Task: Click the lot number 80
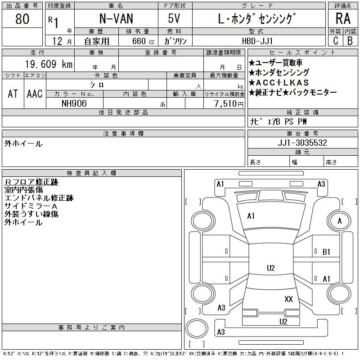coord(22,19)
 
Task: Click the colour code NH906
coord(74,103)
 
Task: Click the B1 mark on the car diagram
coord(327,252)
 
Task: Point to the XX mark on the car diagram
coord(289,299)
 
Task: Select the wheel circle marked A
coord(340,221)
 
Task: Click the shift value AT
coord(13,94)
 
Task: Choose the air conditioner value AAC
coord(35,94)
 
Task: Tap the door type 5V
coord(175,19)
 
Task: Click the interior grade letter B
coord(350,40)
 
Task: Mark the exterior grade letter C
coord(335,40)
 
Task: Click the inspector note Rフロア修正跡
coord(31,182)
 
